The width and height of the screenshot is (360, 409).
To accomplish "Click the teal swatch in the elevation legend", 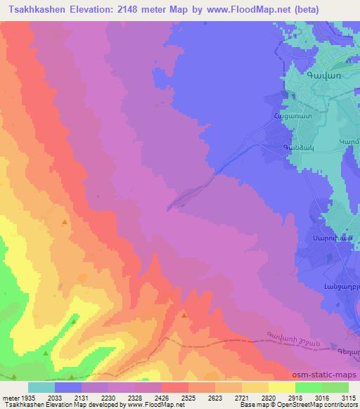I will pyautogui.click(x=41, y=387).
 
